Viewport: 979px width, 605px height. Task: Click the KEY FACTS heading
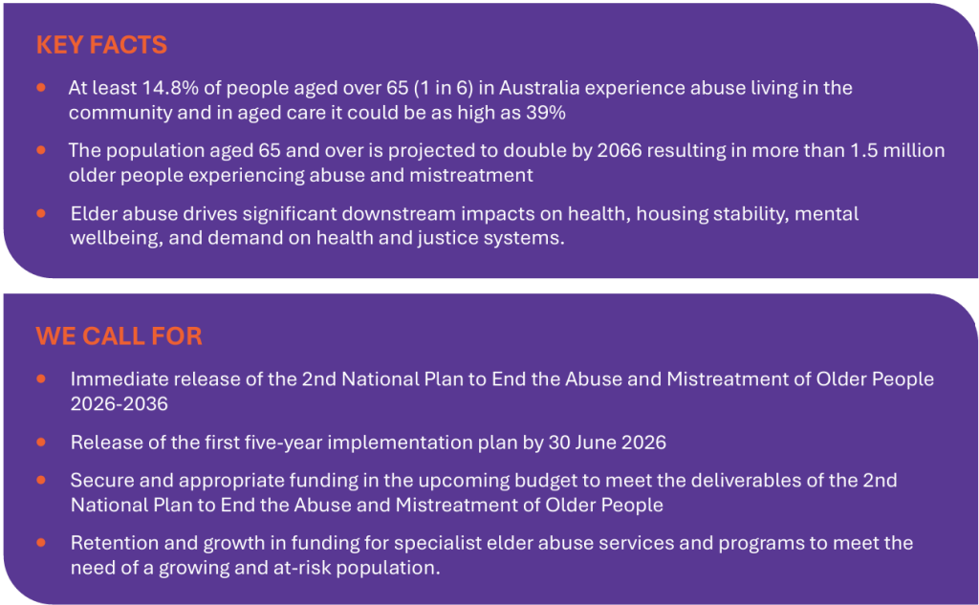click(101, 45)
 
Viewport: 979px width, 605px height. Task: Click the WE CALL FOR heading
click(119, 335)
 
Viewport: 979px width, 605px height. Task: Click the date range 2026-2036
click(120, 404)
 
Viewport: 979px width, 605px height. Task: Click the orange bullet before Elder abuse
click(41, 213)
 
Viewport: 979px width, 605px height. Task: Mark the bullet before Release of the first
click(41, 443)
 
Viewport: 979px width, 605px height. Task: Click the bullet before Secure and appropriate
click(41, 480)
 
